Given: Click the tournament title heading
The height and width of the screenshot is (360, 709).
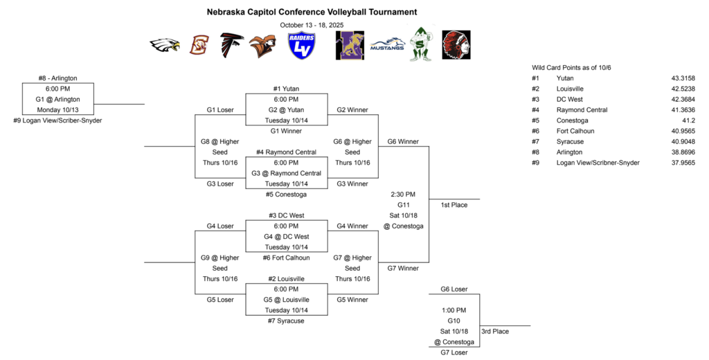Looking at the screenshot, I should point(312,12).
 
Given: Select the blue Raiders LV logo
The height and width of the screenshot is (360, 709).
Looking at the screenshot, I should point(302,46).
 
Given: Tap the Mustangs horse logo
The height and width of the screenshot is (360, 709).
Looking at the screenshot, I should point(388,45).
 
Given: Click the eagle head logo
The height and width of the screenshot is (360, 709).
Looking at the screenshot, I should point(165,46).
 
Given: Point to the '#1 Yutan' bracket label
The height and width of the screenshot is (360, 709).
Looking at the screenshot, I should point(286,89).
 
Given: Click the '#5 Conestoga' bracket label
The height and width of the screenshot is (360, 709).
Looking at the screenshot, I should point(286,194).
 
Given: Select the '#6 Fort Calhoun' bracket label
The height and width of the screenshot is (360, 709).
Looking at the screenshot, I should point(286,258).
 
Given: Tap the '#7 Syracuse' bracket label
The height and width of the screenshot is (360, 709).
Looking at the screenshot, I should point(286,321).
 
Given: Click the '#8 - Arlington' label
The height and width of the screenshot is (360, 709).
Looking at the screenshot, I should point(58,78).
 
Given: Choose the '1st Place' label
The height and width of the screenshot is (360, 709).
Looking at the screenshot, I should point(454,205).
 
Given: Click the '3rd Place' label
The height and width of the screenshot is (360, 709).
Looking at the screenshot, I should point(495,332).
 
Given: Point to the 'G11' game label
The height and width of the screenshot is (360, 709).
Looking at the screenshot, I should point(403,205).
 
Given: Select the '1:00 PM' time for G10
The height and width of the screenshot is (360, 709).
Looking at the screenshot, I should point(454,310).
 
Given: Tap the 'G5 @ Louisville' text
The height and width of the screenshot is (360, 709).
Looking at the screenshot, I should point(286,300).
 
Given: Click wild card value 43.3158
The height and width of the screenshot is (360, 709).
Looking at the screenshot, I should point(681,78).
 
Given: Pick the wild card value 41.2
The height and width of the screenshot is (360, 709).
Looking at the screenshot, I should point(688,120).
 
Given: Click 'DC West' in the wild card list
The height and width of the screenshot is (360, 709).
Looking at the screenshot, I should point(571,99).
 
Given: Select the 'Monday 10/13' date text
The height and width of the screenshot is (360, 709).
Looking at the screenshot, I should point(58,109).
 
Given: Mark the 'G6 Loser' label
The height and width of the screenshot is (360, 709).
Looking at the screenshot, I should point(454,289).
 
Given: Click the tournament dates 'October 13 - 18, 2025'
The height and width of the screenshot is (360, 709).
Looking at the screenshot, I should point(312,25).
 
